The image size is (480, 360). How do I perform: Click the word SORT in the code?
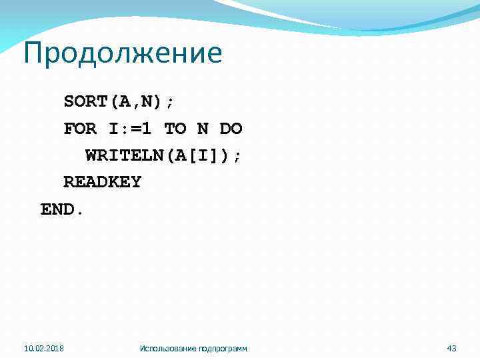[86, 102]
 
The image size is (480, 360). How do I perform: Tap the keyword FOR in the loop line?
[80, 129]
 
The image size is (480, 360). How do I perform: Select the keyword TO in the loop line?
[175, 129]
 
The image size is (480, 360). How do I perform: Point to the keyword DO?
[231, 129]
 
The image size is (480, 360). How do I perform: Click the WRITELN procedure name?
[125, 155]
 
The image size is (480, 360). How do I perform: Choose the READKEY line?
[102, 182]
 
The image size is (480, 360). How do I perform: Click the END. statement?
[63, 209]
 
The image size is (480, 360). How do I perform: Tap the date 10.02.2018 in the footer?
[44, 348]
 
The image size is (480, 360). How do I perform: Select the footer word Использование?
[167, 348]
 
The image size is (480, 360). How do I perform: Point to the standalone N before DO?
[203, 129]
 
